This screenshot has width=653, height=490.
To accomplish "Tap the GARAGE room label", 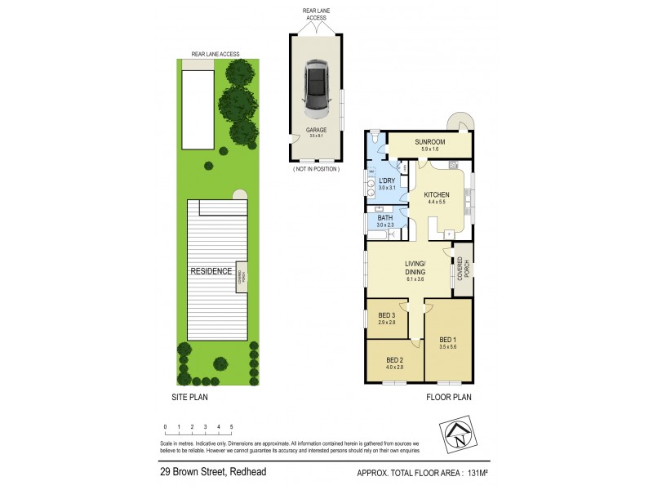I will point(316,130).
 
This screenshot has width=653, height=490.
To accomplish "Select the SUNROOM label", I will point(429,141).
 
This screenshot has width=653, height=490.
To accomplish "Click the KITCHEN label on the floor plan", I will point(438,194).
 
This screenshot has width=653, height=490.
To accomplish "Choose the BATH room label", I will point(385,218).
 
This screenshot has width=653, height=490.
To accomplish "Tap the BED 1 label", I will point(449,340).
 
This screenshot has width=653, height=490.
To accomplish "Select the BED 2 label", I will point(394,360).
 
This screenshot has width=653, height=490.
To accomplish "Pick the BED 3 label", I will point(386,317).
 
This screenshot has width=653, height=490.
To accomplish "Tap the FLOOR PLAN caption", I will point(449,398).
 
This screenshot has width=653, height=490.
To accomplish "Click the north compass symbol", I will point(460,433).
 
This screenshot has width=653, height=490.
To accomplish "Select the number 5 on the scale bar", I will point(232,426).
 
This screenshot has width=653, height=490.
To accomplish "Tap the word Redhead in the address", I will point(248,472).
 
